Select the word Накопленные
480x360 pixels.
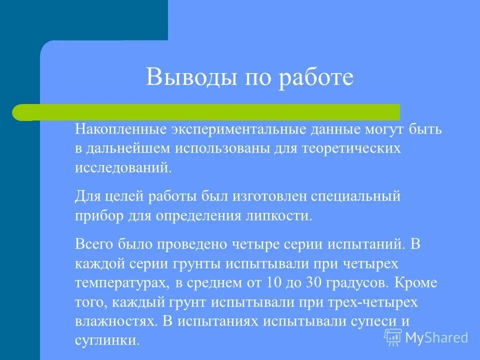121,130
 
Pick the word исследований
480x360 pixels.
123,167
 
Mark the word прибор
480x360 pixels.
96,215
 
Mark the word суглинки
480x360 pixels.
107,340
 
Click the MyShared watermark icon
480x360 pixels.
393,337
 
